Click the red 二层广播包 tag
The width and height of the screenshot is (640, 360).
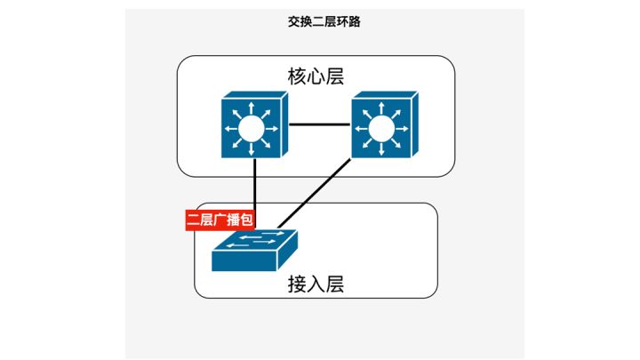coord(217,220)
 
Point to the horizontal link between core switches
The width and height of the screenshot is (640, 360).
coord(317,124)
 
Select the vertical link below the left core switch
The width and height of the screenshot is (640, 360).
coord(255,187)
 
